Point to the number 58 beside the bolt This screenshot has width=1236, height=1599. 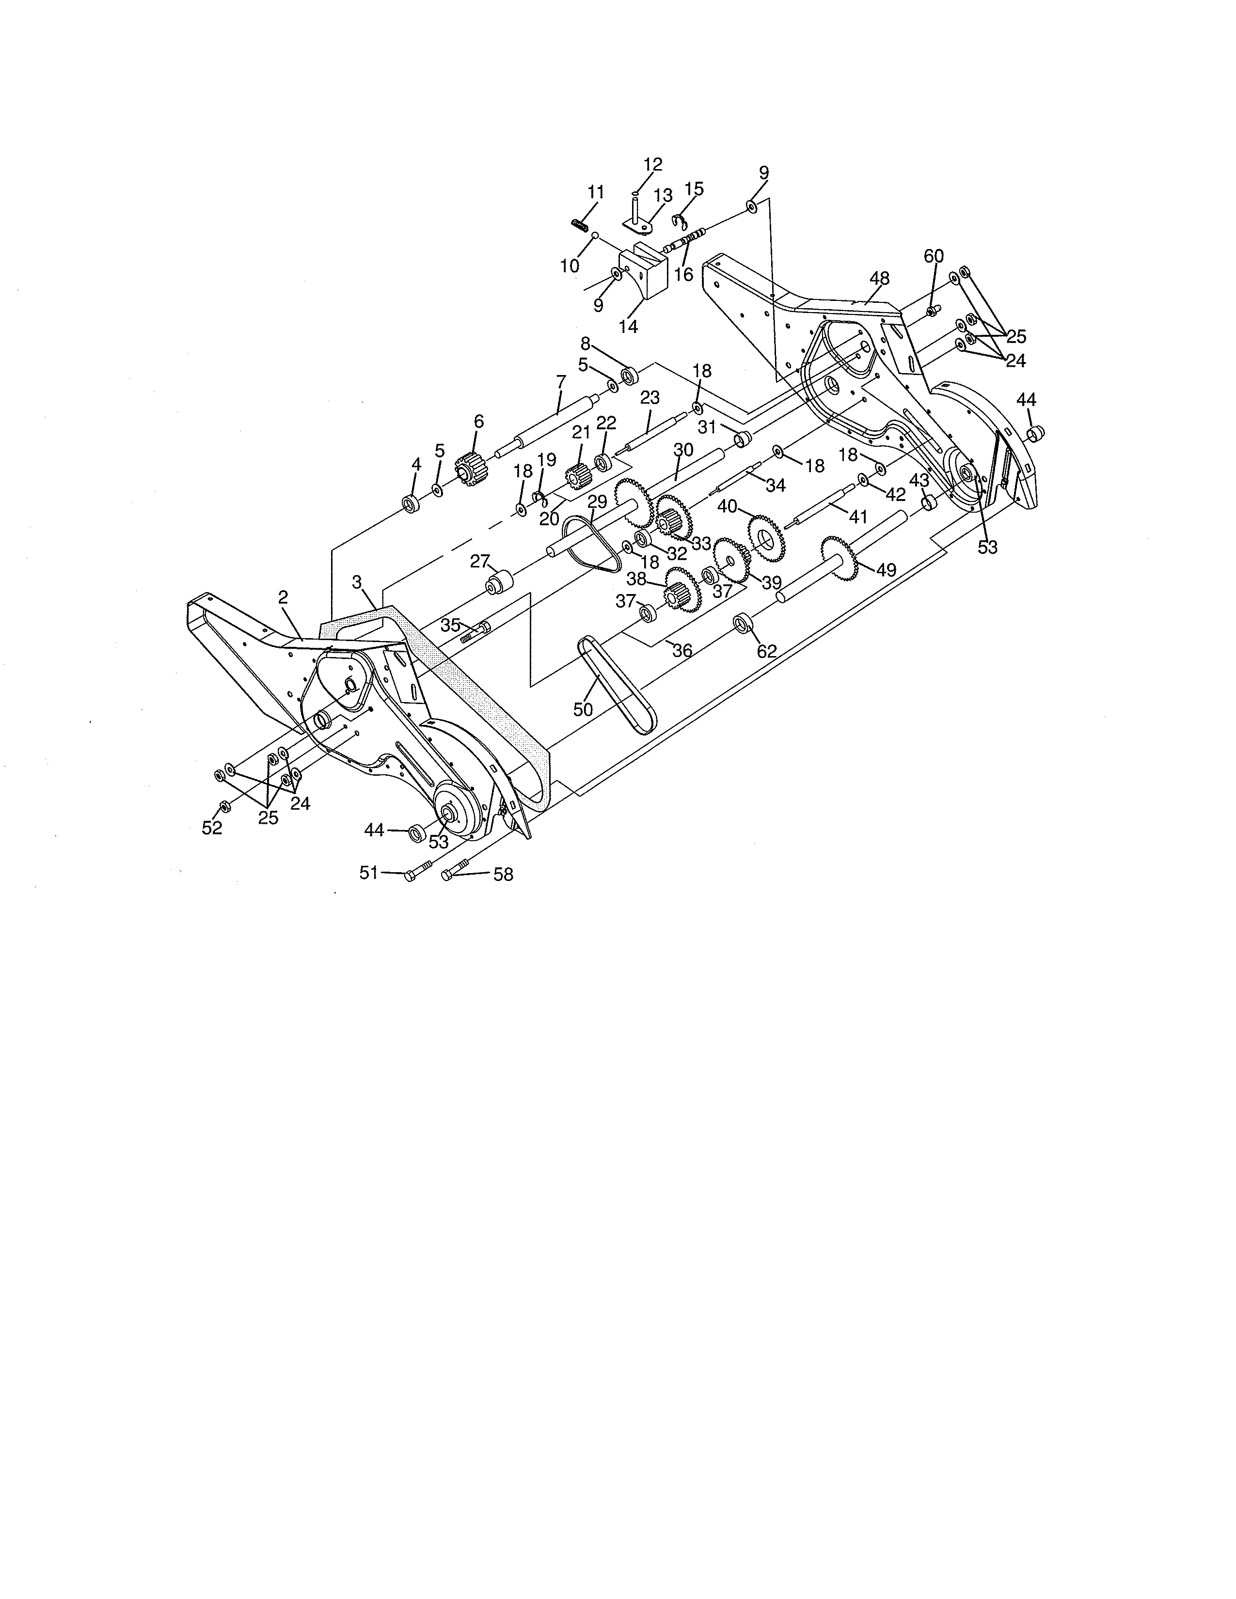[x=503, y=874]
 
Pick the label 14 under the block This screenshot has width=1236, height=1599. [x=628, y=327]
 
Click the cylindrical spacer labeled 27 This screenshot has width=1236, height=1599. [x=499, y=586]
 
